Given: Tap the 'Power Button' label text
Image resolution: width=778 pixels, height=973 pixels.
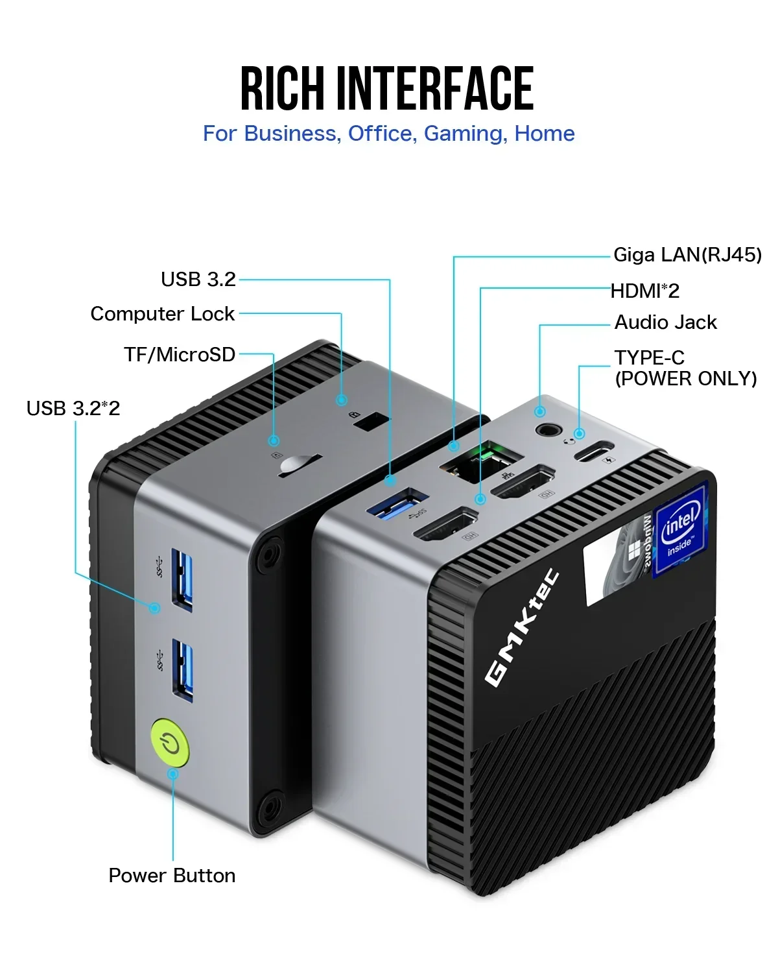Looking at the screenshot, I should (172, 876).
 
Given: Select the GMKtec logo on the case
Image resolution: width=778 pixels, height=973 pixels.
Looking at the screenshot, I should (523, 627).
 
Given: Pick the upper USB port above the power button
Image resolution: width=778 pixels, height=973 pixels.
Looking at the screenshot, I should (182, 579).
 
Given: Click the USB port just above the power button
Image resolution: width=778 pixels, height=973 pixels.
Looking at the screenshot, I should (182, 670).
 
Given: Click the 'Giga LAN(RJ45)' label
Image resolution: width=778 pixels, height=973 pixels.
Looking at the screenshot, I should (687, 255).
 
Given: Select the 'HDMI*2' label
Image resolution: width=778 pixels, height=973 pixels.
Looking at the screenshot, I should (645, 291).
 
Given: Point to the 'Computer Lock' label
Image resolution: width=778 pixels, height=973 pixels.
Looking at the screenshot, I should (162, 314).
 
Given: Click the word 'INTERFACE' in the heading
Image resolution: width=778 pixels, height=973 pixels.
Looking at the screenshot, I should (435, 89).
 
